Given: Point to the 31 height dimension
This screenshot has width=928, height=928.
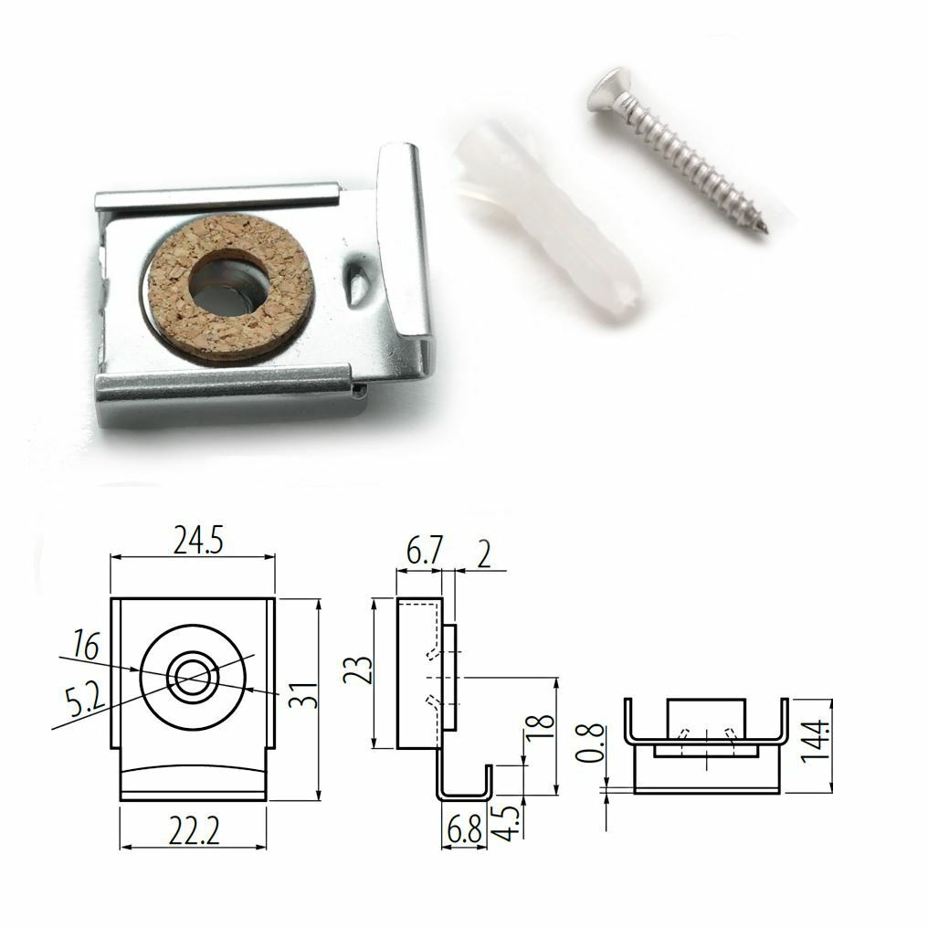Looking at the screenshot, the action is pyautogui.click(x=303, y=694).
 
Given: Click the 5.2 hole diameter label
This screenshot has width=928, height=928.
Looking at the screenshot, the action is pyautogui.click(x=84, y=701).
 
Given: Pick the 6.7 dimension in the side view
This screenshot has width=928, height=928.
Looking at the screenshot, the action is pyautogui.click(x=425, y=551).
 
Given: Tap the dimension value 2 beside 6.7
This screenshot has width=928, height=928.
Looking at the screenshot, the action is pyautogui.click(x=484, y=554).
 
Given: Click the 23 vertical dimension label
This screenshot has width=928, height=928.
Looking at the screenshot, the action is pyautogui.click(x=359, y=670).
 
